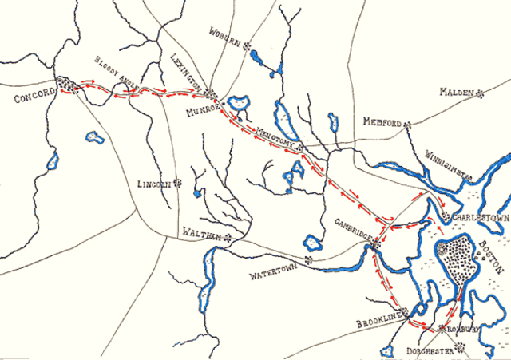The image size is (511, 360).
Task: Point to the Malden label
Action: [456, 92]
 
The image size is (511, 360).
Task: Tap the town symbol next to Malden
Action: [480, 93]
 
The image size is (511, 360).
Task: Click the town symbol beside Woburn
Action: [248, 45]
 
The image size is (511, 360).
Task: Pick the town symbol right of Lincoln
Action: [177, 183]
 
